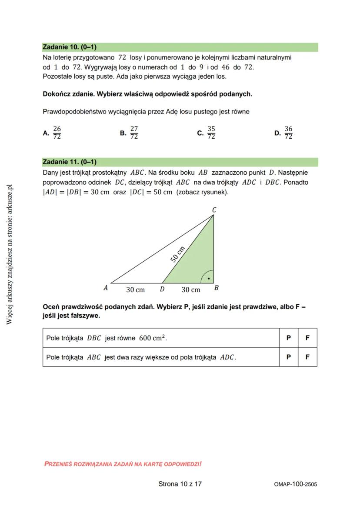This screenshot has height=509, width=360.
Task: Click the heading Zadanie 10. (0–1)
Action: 70,47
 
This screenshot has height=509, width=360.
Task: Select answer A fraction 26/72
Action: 57,133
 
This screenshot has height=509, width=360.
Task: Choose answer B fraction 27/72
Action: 134,133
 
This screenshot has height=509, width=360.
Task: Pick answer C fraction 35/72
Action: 211,133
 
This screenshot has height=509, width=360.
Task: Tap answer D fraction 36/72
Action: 288,133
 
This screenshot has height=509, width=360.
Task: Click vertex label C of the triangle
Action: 214,210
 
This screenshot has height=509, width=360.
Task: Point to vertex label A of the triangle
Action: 106,288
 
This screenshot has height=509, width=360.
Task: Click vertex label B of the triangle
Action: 217,288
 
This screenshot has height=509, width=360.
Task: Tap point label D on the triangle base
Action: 162,289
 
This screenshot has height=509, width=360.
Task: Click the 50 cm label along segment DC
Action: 177,254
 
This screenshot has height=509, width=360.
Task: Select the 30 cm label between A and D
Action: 135,289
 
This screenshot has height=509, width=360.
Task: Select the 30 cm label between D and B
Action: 190,289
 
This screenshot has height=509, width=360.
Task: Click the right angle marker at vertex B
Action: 208,277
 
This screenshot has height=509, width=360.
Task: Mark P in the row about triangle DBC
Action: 288,338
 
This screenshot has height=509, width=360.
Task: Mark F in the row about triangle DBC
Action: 307,338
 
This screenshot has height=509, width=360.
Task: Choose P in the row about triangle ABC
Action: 288,357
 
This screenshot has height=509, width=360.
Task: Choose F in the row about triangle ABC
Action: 307,357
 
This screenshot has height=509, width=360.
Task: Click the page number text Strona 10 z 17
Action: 180,484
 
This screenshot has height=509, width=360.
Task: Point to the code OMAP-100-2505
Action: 296,484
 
